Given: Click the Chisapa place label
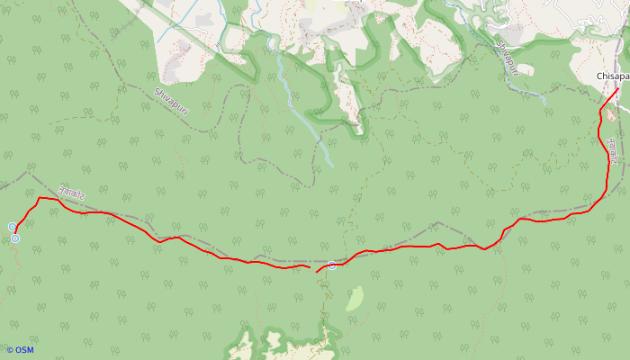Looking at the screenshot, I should [x=612, y=77].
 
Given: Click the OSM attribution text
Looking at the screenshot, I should [x=23, y=350].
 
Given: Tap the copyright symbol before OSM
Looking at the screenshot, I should [x=10, y=350].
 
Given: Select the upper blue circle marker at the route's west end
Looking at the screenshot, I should [x=13, y=227].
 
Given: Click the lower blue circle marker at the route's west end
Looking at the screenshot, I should [x=15, y=238].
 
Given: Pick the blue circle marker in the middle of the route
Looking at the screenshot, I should [x=332, y=265].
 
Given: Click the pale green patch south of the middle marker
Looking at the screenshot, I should [x=355, y=298].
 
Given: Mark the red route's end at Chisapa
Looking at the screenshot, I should [x=617, y=89].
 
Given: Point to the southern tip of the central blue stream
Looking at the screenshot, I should [x=332, y=166].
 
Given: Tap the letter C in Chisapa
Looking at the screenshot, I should [x=599, y=77].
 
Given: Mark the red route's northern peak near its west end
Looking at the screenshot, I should [x=40, y=197].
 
